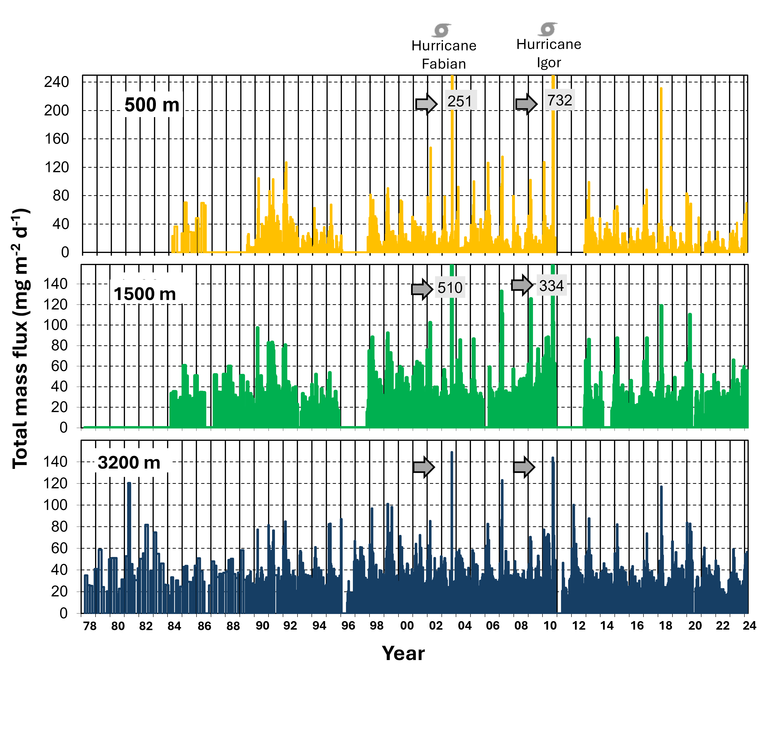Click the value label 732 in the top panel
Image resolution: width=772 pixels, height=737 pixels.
[x=560, y=100]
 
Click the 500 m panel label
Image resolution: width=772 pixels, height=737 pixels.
[x=152, y=105]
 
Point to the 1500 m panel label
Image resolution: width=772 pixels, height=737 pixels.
[x=145, y=294]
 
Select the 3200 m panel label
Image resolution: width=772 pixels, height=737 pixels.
[x=129, y=462]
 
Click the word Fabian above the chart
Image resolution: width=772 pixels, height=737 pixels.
[x=444, y=64]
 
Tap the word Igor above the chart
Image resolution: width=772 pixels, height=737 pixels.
[x=549, y=62]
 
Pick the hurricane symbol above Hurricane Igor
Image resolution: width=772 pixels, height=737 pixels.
[x=547, y=29]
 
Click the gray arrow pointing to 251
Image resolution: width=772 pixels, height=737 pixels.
[x=426, y=104]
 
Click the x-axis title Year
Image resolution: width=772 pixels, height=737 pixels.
[x=403, y=653]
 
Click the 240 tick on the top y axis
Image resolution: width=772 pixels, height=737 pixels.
[x=56, y=82]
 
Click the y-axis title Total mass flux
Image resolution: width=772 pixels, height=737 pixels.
[x=20, y=338]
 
